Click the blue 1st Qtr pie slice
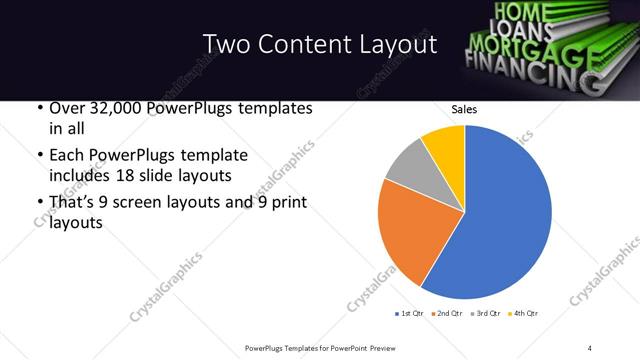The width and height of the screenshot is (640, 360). tap(500, 220)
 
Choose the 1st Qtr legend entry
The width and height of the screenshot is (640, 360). tap(409, 314)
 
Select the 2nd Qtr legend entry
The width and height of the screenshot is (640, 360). tap(447, 314)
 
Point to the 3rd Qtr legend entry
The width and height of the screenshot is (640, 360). tap(485, 314)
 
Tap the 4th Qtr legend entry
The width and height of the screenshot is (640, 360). tap(523, 314)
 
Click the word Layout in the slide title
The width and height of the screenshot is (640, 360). tap(398, 44)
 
